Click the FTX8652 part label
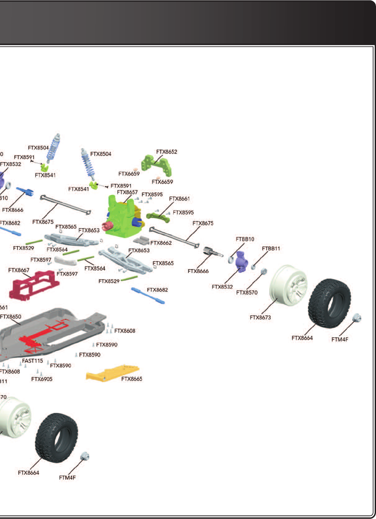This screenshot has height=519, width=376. pos(167,152)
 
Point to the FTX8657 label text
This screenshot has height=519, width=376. pos(127,192)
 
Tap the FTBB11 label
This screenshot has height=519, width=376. pos(271,249)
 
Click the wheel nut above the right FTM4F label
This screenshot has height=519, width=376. pos(356,318)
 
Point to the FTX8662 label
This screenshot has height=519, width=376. pos(161,243)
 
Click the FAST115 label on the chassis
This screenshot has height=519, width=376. pos(32,361)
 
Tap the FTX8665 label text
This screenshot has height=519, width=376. pos(132,379)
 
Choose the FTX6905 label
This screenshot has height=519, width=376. pos(42,379)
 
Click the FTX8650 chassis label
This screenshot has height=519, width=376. pos(11,317)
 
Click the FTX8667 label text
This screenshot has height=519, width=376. pos(19,270)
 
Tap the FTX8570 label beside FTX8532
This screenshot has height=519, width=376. pos(247,292)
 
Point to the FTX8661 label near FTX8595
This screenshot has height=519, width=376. pos(179,199)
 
